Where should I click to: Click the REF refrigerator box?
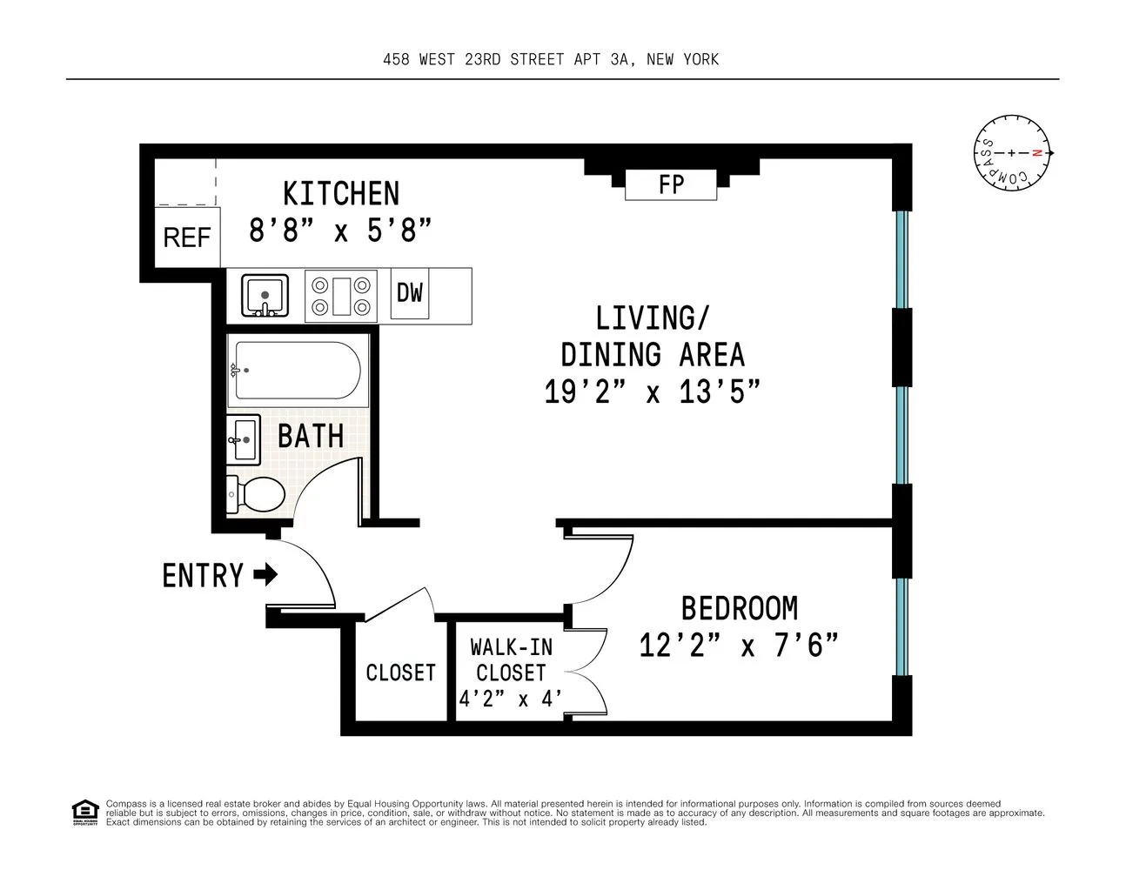186,237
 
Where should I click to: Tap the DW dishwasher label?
410,292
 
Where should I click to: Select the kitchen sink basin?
265,295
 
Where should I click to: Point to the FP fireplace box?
671,184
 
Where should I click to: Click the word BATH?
311,436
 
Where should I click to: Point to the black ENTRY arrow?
265,574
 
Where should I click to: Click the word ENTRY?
204,575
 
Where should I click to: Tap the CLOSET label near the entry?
400,673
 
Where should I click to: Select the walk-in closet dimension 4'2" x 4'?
511,699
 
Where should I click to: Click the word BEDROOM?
739,607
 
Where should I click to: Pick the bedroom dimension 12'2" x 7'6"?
739,646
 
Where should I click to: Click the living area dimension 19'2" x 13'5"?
653,392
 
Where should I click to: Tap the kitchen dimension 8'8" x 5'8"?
340,231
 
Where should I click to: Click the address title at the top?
552,60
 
